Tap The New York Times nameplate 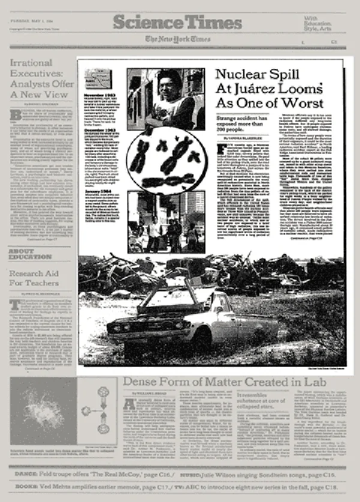[x=178, y=40]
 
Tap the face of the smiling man [x=169, y=84]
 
